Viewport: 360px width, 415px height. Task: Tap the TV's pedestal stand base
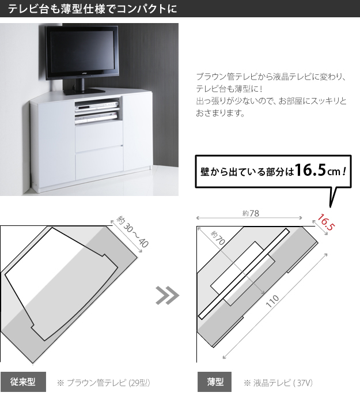click(84, 91)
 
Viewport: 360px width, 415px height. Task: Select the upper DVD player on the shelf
click(97, 107)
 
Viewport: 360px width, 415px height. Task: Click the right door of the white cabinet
click(138, 131)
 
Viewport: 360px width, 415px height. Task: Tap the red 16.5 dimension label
click(326, 222)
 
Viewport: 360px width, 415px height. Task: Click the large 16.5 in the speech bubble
click(310, 169)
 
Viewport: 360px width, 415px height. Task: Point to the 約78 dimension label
click(251, 213)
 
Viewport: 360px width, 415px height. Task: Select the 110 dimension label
click(272, 301)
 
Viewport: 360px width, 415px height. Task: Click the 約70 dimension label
click(218, 237)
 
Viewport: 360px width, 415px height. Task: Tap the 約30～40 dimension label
click(132, 231)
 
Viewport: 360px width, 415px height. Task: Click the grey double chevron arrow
click(167, 295)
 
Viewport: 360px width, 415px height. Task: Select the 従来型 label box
click(23, 382)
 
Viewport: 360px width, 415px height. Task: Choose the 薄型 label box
click(214, 382)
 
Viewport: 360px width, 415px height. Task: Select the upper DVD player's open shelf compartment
click(97, 104)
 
